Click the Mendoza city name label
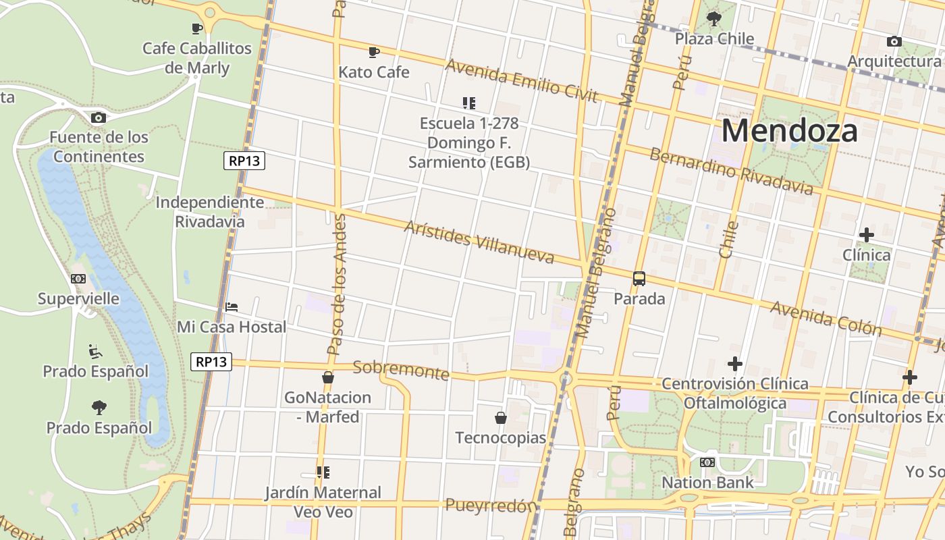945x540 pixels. [x=789, y=130]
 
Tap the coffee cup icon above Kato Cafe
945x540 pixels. [x=374, y=52]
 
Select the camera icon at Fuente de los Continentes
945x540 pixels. [x=98, y=117]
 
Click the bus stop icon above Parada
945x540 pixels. [x=639, y=279]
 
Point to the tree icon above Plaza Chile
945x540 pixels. [x=713, y=19]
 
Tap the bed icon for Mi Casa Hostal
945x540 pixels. [x=232, y=307]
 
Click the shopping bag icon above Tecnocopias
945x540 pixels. [x=500, y=418]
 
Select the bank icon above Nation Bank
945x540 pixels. [x=707, y=462]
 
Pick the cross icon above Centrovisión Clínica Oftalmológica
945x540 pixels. [x=734, y=364]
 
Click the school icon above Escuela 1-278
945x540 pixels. [x=468, y=103]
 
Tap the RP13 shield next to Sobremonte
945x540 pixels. [x=211, y=362]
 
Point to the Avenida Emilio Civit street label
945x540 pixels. [x=521, y=80]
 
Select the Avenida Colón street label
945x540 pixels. [x=826, y=318]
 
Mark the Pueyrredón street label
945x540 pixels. [x=491, y=506]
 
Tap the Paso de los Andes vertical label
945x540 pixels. [x=335, y=284]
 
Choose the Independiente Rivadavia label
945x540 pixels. [x=209, y=212]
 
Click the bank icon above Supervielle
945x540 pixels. [x=78, y=279]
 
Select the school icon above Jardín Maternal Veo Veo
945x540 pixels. [x=323, y=472]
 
